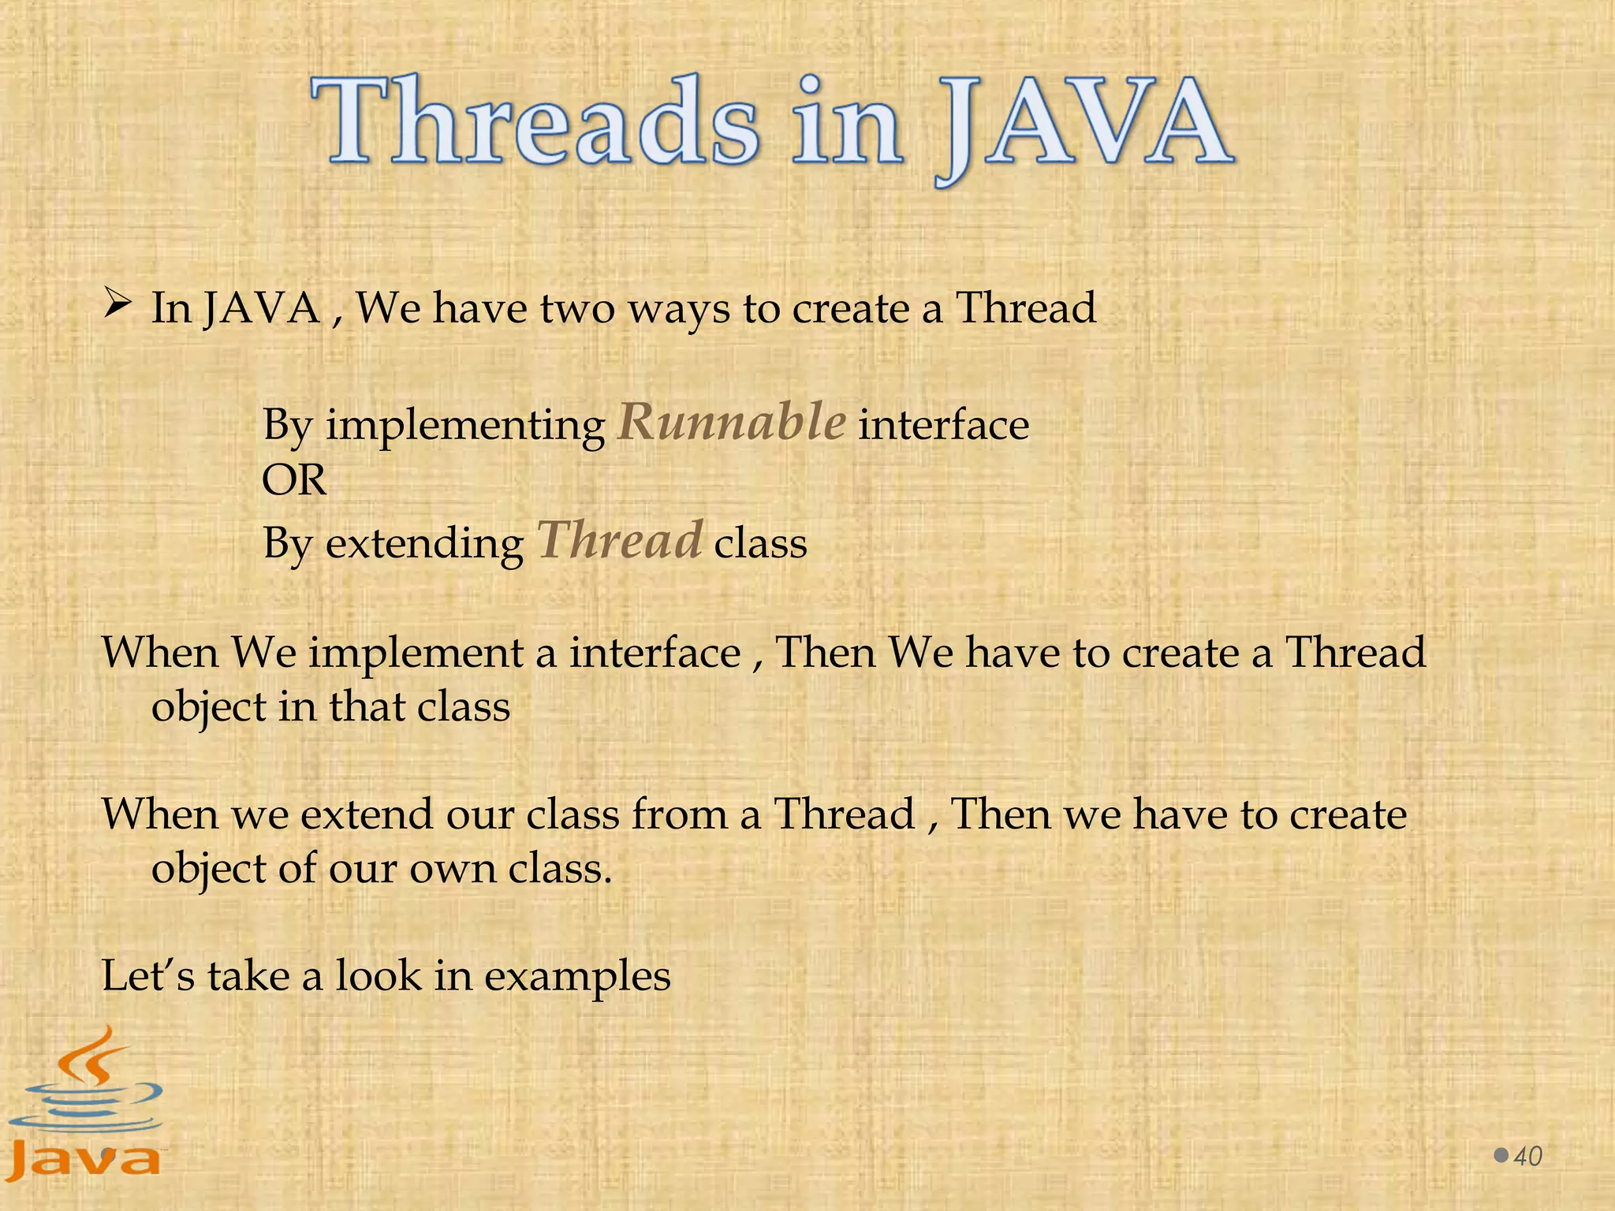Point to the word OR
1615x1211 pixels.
pyautogui.click(x=293, y=480)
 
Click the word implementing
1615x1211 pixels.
pyautogui.click(x=465, y=427)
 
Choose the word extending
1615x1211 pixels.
pyautogui.click(x=424, y=544)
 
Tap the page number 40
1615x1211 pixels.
pyautogui.click(x=1528, y=1157)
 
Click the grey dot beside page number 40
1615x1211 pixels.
pyautogui.click(x=1501, y=1156)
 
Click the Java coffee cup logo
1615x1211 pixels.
pyautogui.click(x=85, y=1104)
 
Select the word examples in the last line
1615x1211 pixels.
pyautogui.click(x=577, y=977)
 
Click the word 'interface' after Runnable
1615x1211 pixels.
pyautogui.click(x=943, y=426)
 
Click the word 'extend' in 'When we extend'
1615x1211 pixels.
pyautogui.click(x=367, y=814)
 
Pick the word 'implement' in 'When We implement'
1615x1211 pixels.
pyautogui.click(x=416, y=654)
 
